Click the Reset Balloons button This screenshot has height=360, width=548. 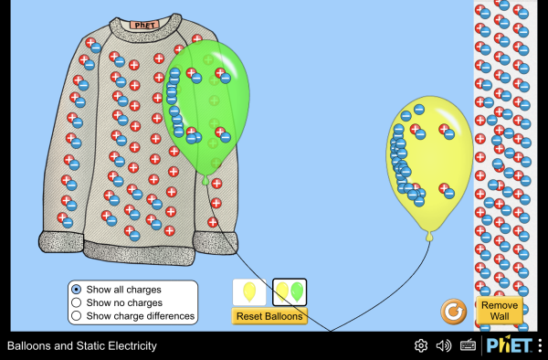click(x=269, y=316)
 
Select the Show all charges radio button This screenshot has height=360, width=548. click(x=76, y=290)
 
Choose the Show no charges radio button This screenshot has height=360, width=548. click(x=76, y=302)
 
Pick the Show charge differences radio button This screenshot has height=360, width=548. click(x=76, y=315)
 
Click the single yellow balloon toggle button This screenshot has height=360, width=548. click(x=249, y=291)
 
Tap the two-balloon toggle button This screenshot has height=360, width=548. click(x=290, y=291)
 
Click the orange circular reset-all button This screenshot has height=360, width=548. click(x=453, y=312)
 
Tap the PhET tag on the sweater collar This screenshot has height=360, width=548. click(x=144, y=25)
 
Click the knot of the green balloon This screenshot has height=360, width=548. click(x=205, y=180)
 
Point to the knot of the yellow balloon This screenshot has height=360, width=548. click(x=429, y=237)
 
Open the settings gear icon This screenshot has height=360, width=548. click(x=421, y=345)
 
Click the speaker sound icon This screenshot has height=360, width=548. click(x=444, y=345)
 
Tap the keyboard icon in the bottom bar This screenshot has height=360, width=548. click(x=468, y=345)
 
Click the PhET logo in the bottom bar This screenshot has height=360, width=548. click(x=510, y=345)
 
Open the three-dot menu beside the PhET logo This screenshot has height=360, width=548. click(x=541, y=345)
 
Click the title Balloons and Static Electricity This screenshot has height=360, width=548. click(x=82, y=345)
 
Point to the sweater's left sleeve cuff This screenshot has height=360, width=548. click(x=61, y=242)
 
